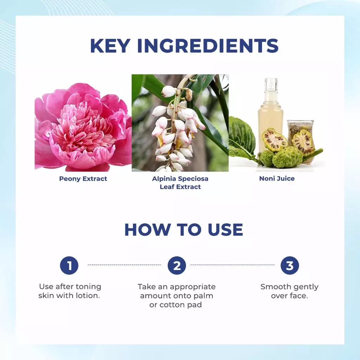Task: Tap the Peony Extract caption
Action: pyautogui.click(x=83, y=179)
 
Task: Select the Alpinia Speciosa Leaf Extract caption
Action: pyautogui.click(x=180, y=182)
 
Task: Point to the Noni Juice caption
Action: pyautogui.click(x=277, y=179)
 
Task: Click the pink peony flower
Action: pyautogui.click(x=83, y=127)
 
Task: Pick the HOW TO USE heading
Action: pyautogui.click(x=184, y=230)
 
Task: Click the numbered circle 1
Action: pyautogui.click(x=69, y=265)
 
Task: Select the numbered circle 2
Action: pyautogui.click(x=176, y=265)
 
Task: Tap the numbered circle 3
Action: pyautogui.click(x=289, y=265)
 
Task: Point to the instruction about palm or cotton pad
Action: pyautogui.click(x=176, y=296)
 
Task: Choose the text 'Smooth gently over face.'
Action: pyautogui.click(x=289, y=291)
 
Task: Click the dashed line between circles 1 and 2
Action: pyautogui.click(x=124, y=265)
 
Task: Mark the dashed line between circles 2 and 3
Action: pyautogui.click(x=232, y=265)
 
